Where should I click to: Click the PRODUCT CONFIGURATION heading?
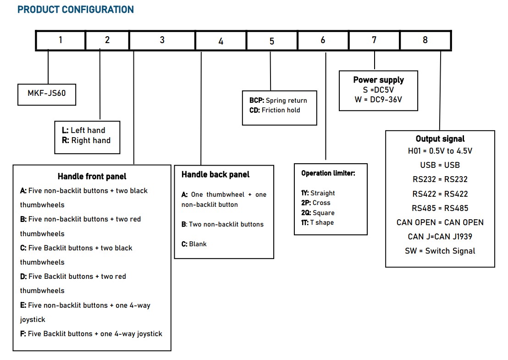(x=76, y=9)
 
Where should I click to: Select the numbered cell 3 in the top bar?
(x=162, y=40)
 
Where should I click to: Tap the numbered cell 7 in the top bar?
(x=374, y=40)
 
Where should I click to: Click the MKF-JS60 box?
(x=47, y=94)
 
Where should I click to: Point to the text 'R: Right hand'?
(x=86, y=140)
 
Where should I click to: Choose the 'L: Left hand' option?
(x=83, y=130)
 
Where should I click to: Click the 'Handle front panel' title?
(x=92, y=176)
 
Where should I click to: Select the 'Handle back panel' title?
(x=215, y=174)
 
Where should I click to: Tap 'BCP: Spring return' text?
(x=278, y=100)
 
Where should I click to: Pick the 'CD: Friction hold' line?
(x=275, y=110)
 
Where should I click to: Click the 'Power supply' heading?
(x=378, y=80)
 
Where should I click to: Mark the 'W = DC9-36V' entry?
(x=378, y=100)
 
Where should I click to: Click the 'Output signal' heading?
(x=440, y=138)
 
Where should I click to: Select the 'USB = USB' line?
(x=440, y=165)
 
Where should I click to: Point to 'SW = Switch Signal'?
(x=440, y=251)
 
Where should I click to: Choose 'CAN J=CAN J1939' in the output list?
(x=440, y=237)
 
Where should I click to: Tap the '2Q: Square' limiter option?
(x=318, y=213)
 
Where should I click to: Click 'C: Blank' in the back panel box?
(x=194, y=244)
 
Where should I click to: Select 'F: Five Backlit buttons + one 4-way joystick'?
(x=91, y=334)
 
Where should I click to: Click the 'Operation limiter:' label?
(x=328, y=173)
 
